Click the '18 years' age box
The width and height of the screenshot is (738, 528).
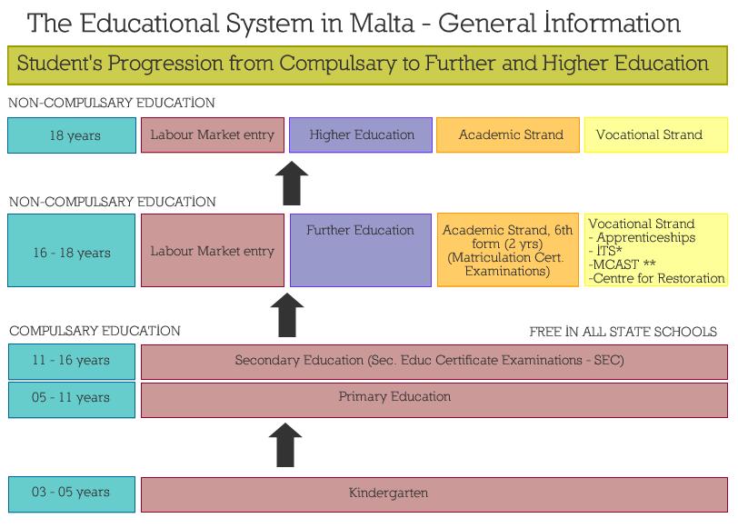pyautogui.click(x=72, y=135)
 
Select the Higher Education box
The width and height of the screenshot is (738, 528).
pyautogui.click(x=361, y=135)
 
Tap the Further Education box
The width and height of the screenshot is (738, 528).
pyautogui.click(x=361, y=250)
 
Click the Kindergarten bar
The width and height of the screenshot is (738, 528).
pyautogui.click(x=434, y=494)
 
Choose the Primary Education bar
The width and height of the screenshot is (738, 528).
pyautogui.click(x=434, y=400)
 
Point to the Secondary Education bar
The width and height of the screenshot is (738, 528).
pyautogui.click(x=434, y=362)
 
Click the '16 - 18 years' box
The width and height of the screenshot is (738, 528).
pyautogui.click(x=72, y=250)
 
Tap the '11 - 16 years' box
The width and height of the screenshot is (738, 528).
pyautogui.click(x=72, y=362)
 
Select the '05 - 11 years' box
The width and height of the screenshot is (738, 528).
pyautogui.click(x=72, y=400)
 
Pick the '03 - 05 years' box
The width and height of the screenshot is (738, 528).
pyautogui.click(x=72, y=494)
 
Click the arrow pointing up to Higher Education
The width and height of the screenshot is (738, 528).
pyautogui.click(x=292, y=183)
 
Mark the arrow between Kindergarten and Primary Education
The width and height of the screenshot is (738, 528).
pyautogui.click(x=285, y=444)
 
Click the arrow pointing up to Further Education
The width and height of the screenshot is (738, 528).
pyautogui.click(x=287, y=314)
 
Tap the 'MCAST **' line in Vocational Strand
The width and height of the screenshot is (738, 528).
pyautogui.click(x=622, y=264)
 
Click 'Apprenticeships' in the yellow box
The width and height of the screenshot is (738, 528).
pyautogui.click(x=645, y=238)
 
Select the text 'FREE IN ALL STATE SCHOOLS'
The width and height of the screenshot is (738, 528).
pyautogui.click(x=623, y=332)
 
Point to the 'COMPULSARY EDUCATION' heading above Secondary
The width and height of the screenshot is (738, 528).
pyautogui.click(x=95, y=331)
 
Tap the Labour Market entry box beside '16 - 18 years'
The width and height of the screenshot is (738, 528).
pyautogui.click(x=213, y=250)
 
